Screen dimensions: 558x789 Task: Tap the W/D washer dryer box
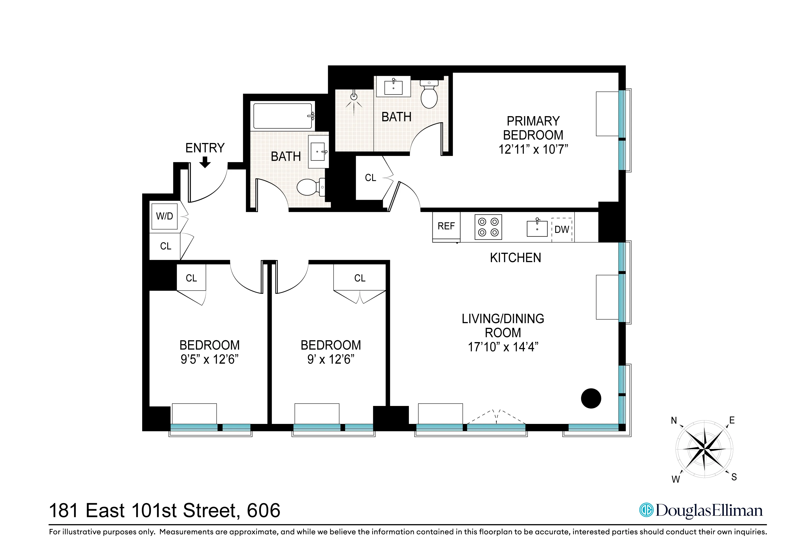pyautogui.click(x=165, y=216)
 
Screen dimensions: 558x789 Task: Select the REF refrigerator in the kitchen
pyautogui.click(x=446, y=226)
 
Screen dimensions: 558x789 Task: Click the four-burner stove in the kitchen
pyautogui.click(x=488, y=227)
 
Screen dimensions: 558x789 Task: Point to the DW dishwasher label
pyautogui.click(x=562, y=229)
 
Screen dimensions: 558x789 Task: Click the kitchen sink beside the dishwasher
pyautogui.click(x=537, y=228)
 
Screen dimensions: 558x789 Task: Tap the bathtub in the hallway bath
pyautogui.click(x=283, y=116)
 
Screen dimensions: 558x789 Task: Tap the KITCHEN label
pyautogui.click(x=515, y=258)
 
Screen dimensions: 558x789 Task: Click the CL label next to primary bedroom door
pyautogui.click(x=370, y=178)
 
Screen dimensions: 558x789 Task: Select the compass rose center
pyautogui.click(x=705, y=449)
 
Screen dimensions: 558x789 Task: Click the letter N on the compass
pyautogui.click(x=674, y=420)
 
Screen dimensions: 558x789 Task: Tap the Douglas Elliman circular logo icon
pyautogui.click(x=646, y=510)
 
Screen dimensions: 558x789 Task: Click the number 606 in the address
pyautogui.click(x=264, y=510)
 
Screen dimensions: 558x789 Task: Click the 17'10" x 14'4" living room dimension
pyautogui.click(x=503, y=347)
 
